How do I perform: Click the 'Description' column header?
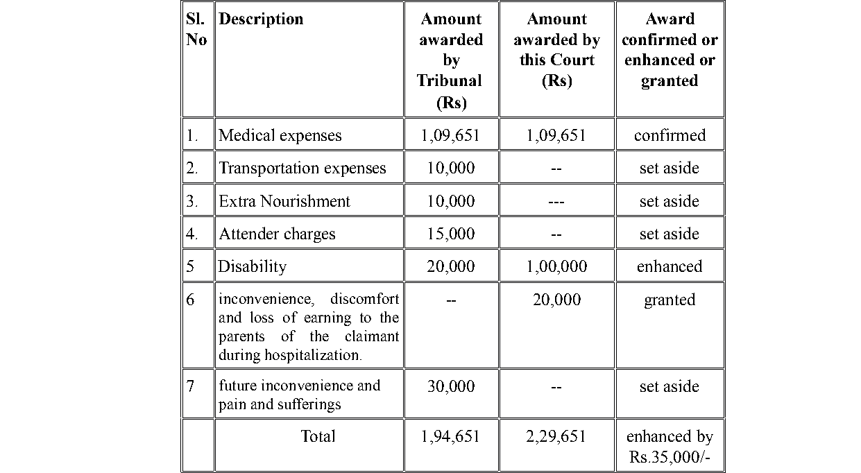261,19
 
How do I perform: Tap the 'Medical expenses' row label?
280,135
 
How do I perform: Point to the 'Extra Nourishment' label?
284,201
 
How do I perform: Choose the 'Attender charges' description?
277,234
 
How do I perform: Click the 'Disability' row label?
252,266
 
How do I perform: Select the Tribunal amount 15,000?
451,234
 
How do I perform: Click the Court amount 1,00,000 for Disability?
556,266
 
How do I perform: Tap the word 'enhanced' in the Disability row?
670,266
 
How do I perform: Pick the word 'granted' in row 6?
670,300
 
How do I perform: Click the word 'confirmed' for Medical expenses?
670,135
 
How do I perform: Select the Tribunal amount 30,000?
451,386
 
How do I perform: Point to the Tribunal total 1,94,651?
450,436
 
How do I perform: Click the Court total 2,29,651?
556,436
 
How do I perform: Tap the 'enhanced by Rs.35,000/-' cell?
670,447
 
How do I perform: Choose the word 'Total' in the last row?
318,436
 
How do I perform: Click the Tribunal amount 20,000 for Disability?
451,266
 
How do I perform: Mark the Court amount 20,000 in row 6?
556,300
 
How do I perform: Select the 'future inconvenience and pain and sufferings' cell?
300,395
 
